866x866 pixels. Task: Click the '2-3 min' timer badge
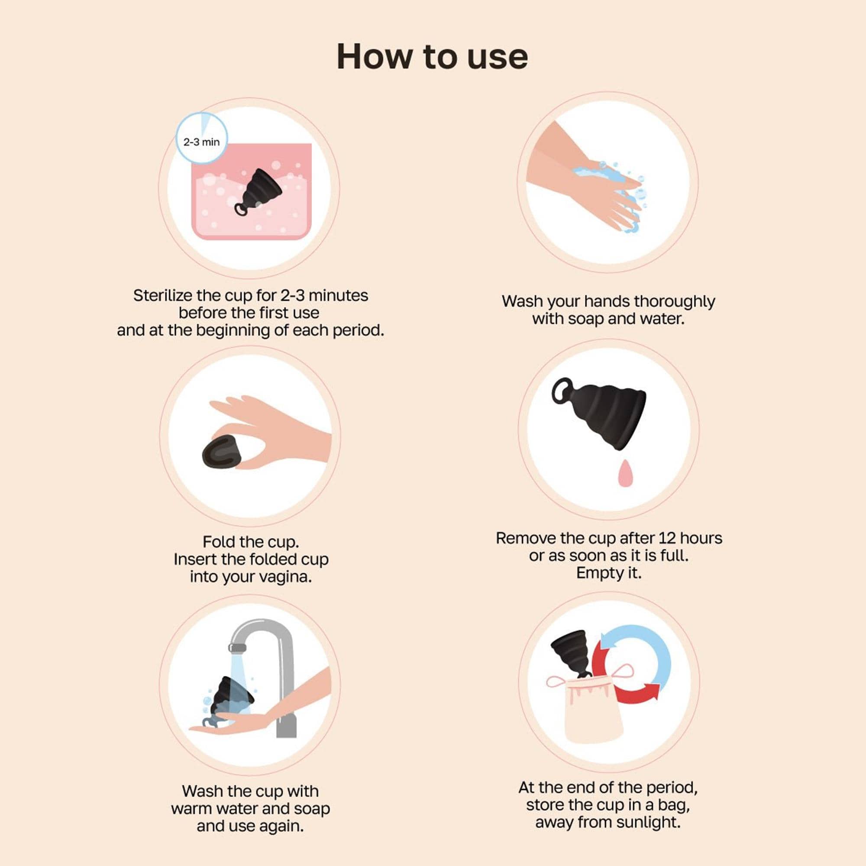[x=201, y=138]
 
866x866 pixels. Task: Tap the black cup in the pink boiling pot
[x=259, y=192]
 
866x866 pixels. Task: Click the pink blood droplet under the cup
[x=624, y=473]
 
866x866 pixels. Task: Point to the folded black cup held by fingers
[x=222, y=453]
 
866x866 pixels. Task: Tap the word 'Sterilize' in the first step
[x=163, y=295]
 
